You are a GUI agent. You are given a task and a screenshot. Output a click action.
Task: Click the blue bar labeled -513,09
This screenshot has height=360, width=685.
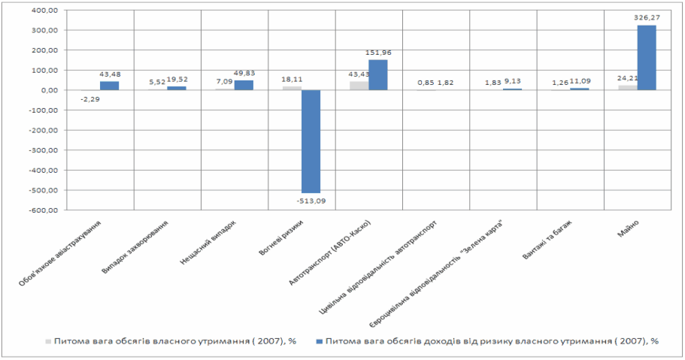311,141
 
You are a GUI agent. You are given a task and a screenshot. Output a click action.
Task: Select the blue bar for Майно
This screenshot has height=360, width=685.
647,58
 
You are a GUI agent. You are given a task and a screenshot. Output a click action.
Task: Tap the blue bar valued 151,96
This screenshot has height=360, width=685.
377,75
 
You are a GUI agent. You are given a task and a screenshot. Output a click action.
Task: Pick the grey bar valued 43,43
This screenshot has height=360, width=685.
359,85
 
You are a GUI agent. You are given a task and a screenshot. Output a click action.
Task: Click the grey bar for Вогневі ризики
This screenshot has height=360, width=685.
292,88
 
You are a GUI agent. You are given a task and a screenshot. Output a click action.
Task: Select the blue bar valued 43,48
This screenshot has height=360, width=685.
109,86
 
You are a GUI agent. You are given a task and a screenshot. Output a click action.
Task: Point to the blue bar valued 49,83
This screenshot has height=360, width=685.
244,85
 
